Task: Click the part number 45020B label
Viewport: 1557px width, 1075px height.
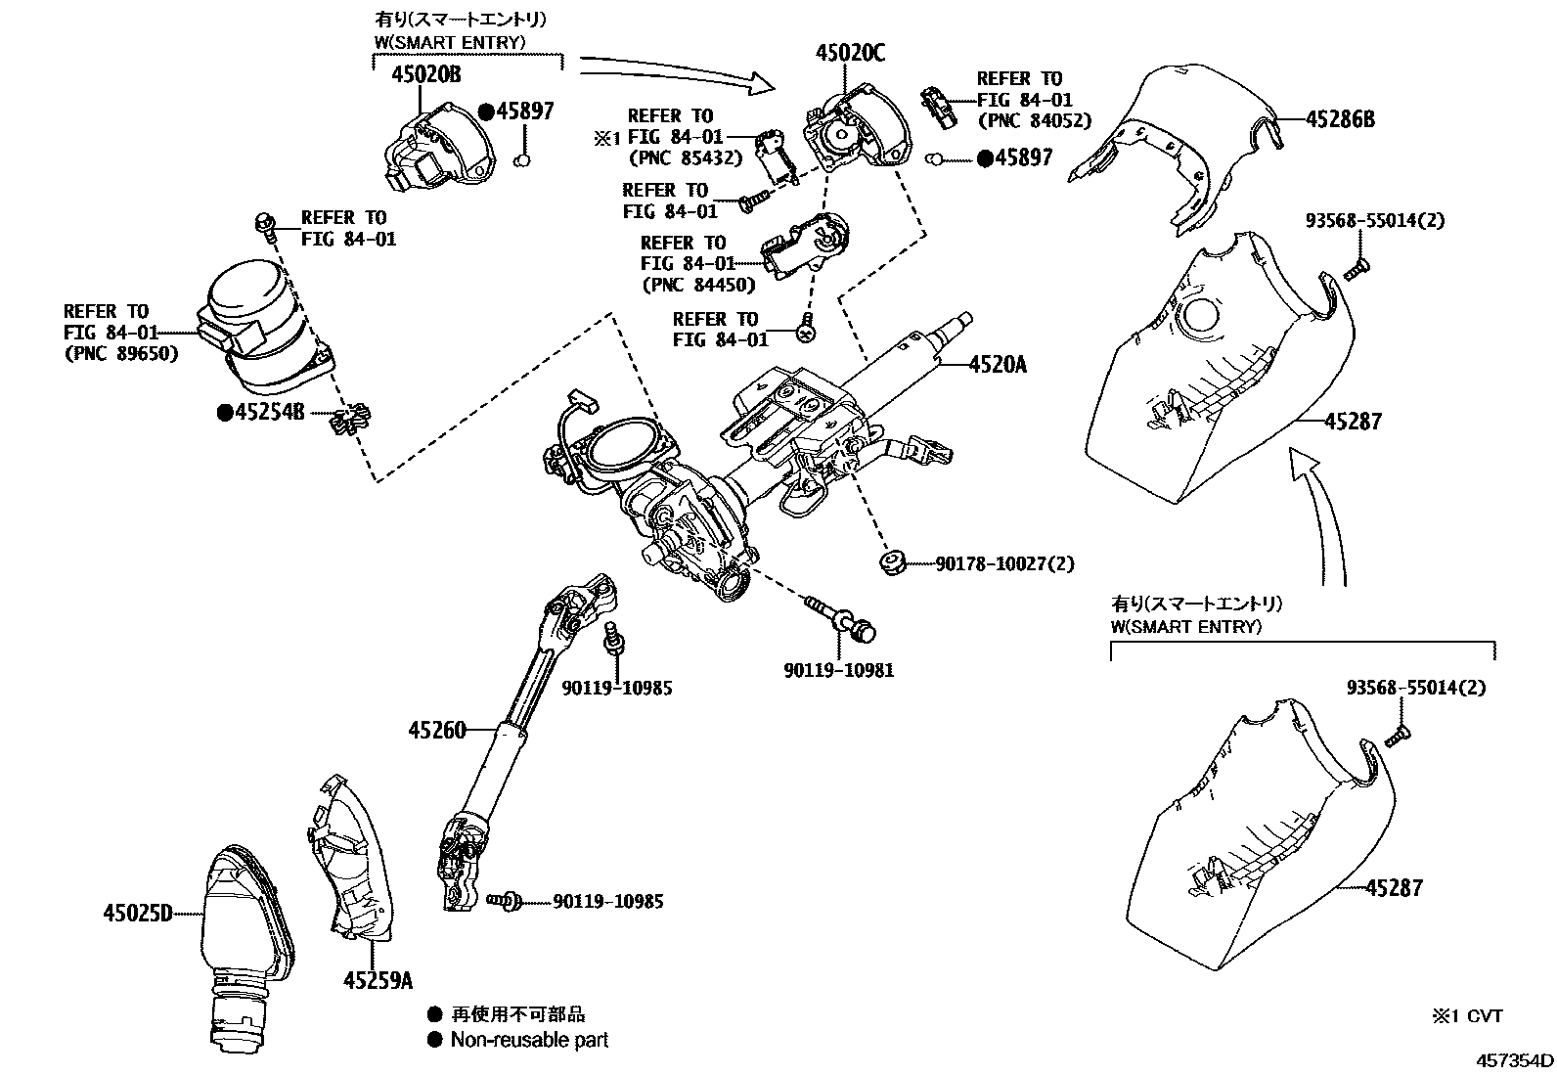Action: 425,74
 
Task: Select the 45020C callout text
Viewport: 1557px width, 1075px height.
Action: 850,53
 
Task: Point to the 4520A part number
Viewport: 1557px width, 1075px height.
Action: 998,364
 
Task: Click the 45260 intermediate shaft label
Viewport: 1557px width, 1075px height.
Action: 437,730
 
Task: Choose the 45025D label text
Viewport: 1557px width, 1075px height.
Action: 137,914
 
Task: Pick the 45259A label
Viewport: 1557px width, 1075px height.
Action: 378,979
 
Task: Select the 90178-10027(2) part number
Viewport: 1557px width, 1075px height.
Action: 1004,563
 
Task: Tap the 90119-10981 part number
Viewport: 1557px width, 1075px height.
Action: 838,670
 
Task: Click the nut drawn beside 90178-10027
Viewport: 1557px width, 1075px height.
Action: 890,562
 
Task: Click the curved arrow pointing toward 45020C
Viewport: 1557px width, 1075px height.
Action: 675,73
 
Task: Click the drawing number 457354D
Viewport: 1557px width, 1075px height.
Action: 1514,1059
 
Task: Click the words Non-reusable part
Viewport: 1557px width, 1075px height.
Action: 529,1040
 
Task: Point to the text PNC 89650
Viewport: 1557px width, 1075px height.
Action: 122,353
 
